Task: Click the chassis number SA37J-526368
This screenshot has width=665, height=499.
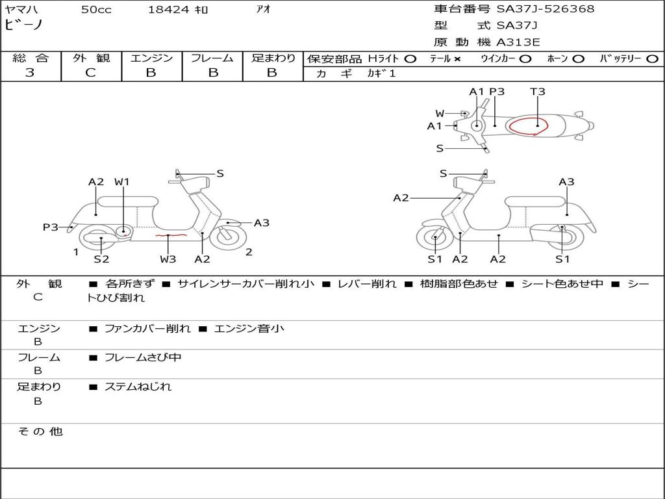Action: [546, 9]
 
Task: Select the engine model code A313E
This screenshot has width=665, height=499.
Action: [518, 42]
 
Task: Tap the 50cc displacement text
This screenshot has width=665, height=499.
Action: [96, 10]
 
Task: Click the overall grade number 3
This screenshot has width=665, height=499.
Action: [30, 73]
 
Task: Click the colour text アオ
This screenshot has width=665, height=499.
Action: [264, 10]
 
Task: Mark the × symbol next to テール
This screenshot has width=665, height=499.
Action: [457, 59]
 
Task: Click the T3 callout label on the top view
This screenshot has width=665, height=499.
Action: [538, 92]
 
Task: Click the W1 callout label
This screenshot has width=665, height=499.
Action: [122, 182]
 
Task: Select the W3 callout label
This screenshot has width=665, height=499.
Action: [168, 259]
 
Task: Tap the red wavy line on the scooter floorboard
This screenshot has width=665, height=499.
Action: [170, 235]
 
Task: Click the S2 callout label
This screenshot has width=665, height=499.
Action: [101, 259]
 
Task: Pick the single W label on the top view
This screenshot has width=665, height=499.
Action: [440, 114]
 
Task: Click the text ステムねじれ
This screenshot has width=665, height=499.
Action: [138, 387]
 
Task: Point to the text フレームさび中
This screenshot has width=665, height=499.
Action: [143, 357]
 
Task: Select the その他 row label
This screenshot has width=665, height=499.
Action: [40, 431]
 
